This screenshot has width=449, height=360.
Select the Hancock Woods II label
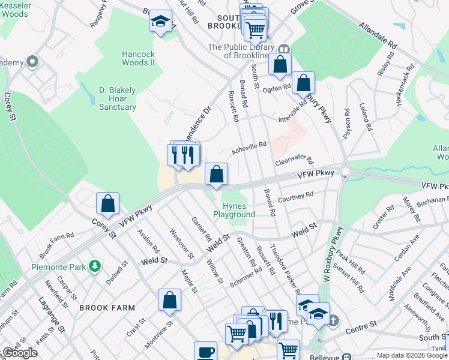pos(139,58)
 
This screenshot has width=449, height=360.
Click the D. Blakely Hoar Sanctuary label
pos(118,98)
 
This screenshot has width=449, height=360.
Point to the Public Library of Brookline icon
pos(284,49)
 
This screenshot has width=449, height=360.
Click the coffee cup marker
pos(205,352)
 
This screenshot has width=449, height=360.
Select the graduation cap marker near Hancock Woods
pos(160,22)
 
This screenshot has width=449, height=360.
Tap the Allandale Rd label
pos(378,36)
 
